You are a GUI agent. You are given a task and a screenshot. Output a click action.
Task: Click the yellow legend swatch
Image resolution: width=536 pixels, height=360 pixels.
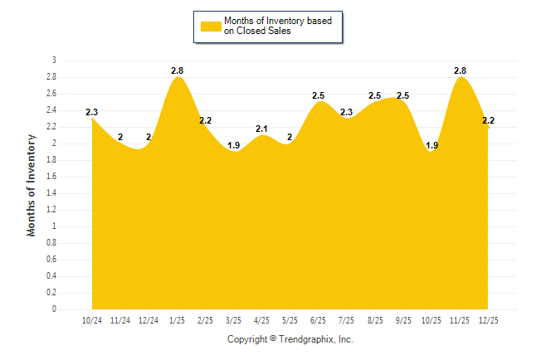(x=210, y=26)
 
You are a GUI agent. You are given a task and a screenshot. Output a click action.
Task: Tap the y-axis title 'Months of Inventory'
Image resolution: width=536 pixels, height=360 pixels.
(x=32, y=185)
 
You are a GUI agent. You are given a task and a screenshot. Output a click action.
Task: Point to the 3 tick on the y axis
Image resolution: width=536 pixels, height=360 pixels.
(x=54, y=61)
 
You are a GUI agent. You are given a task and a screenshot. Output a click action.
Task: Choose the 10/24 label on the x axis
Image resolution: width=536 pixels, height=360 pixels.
(x=92, y=319)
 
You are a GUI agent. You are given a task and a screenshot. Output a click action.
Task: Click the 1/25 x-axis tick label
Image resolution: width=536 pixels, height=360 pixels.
(x=177, y=319)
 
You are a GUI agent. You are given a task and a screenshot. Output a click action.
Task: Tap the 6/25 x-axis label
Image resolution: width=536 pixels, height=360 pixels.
(x=318, y=319)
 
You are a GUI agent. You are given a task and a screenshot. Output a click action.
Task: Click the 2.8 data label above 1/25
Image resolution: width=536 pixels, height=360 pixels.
(x=177, y=71)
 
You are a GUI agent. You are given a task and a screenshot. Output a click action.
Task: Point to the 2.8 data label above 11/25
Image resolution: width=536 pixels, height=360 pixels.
(x=460, y=71)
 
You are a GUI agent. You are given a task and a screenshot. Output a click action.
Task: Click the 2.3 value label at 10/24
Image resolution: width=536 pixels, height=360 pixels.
(x=91, y=112)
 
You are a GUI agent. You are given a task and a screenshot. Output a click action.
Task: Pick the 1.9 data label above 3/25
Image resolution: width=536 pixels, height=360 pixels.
(x=233, y=145)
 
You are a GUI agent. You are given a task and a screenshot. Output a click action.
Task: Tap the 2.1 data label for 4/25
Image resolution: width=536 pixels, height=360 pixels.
(x=261, y=129)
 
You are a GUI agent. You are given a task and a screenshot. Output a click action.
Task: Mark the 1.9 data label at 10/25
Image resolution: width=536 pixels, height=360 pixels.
(x=431, y=145)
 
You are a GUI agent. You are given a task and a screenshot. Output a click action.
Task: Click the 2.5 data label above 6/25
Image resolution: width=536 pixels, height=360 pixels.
(x=318, y=95)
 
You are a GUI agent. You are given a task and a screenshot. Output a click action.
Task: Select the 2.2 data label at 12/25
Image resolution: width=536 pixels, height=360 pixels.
(x=489, y=120)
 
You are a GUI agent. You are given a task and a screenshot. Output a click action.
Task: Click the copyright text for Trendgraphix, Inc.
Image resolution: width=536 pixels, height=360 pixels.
(x=290, y=339)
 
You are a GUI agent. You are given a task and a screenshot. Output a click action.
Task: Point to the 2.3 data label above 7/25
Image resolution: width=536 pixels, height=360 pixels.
(x=346, y=112)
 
